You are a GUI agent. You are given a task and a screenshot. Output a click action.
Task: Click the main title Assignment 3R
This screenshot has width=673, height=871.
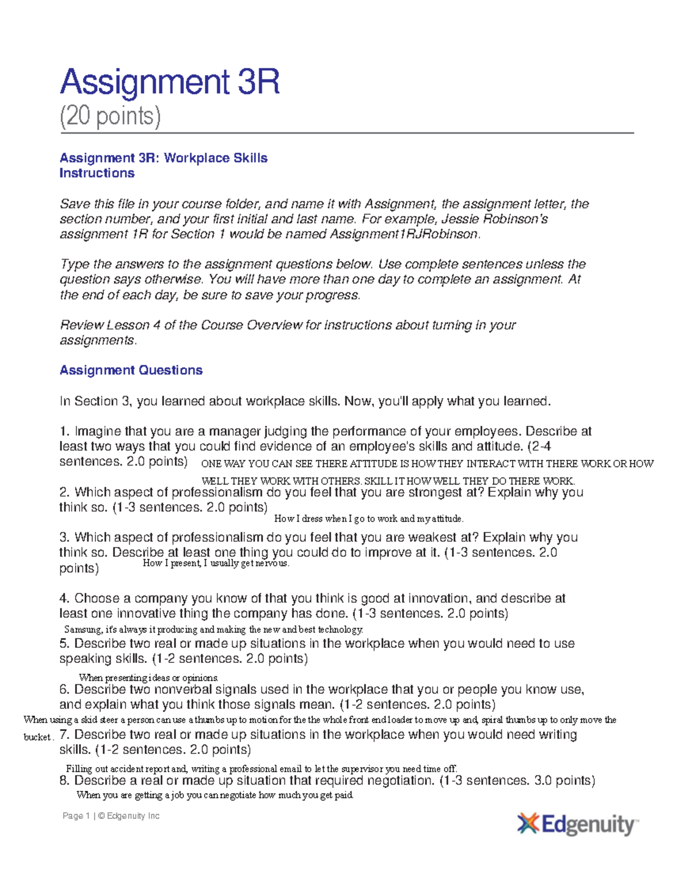click(169, 82)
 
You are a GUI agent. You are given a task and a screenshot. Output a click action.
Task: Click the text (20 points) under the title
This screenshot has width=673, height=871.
click(110, 116)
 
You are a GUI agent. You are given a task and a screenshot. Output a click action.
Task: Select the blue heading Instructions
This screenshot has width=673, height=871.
click(96, 173)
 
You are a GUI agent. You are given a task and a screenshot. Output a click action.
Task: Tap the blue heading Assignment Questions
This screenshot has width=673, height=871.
click(131, 370)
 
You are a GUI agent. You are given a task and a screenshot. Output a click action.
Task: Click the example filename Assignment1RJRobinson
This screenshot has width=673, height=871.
click(404, 234)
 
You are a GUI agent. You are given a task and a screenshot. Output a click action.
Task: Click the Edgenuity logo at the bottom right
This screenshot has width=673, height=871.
click(578, 824)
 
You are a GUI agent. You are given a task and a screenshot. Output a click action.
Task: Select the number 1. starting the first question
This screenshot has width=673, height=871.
click(64, 431)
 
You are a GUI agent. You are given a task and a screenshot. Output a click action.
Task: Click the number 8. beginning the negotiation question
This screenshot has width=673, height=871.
click(64, 780)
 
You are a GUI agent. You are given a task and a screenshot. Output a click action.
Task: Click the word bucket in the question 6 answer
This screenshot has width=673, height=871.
click(37, 737)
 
